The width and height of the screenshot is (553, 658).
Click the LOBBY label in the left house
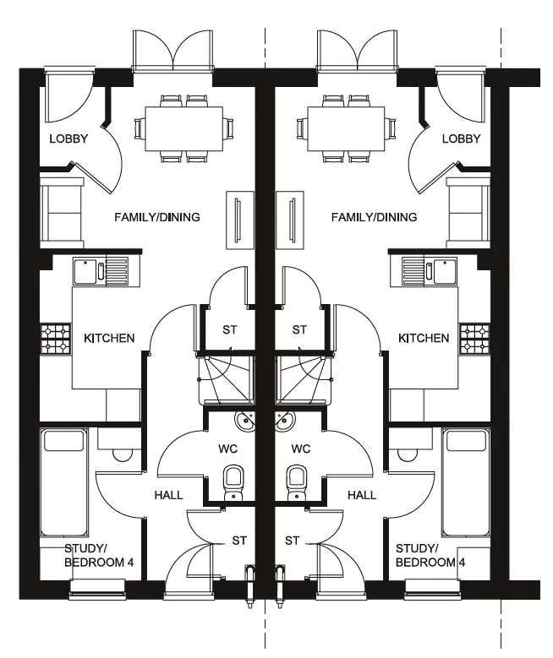[68, 139]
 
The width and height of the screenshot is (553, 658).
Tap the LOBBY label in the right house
[461, 139]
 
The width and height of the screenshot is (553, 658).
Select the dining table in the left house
[184, 128]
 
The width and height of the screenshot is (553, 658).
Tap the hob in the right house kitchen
[474, 338]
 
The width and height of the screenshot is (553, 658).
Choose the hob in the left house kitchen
[56, 338]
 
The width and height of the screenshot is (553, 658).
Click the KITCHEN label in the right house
[424, 339]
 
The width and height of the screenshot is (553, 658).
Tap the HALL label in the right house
[362, 495]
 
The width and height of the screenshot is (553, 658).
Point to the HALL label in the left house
[169, 495]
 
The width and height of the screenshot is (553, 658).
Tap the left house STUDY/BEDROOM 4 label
[93, 555]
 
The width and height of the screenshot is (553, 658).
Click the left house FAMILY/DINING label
[157, 218]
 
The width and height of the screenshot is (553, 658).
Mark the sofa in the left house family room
[61, 211]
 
